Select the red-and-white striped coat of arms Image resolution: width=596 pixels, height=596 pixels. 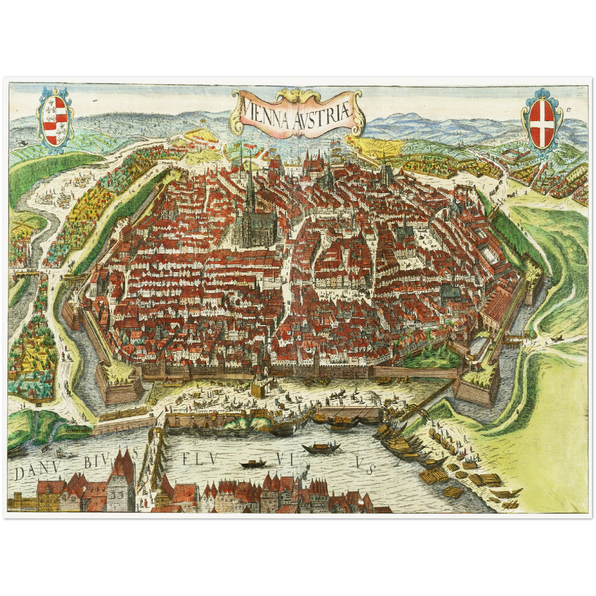pyautogui.click(x=55, y=120)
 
